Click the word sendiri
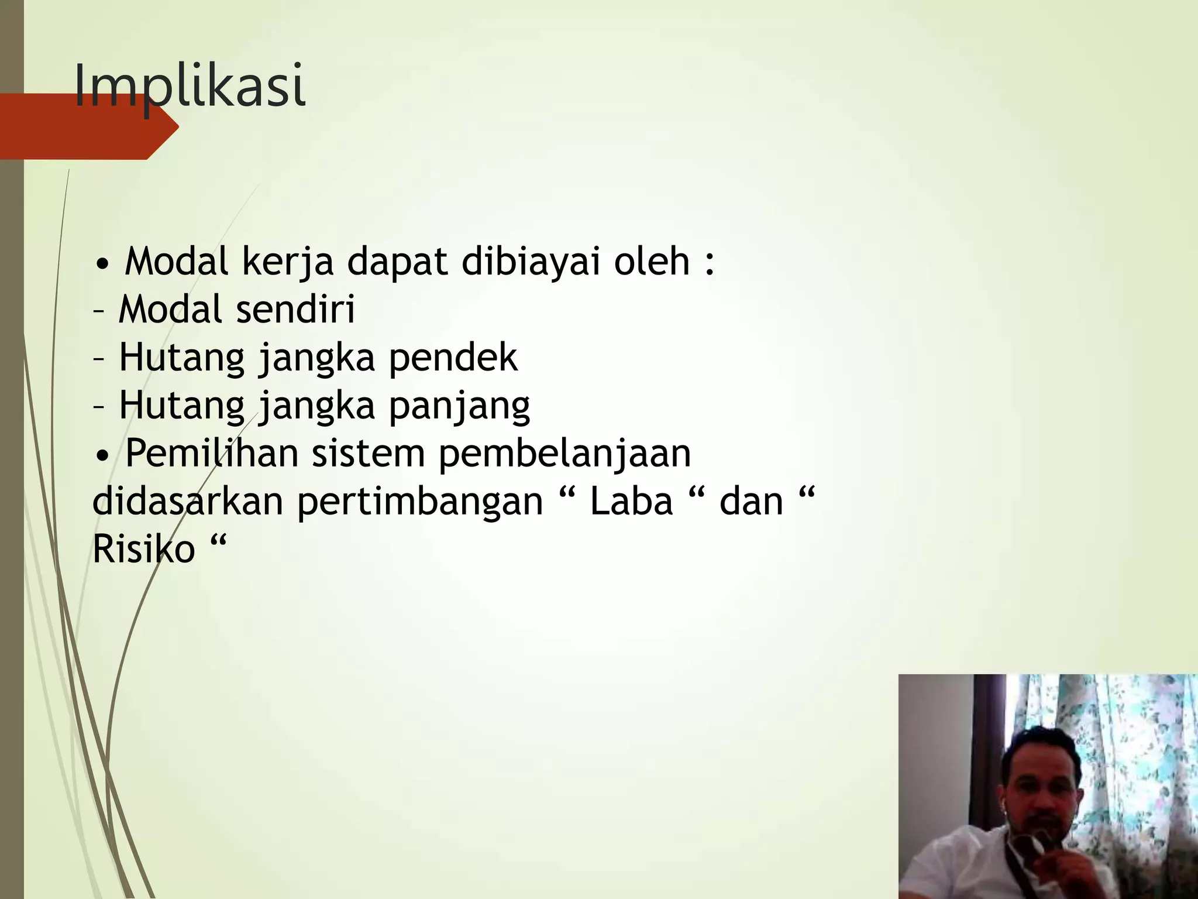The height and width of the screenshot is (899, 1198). [x=295, y=310]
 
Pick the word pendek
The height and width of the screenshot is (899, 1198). [x=453, y=358]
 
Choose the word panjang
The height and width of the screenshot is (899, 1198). [x=460, y=406]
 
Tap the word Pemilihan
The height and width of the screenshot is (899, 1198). [x=211, y=454]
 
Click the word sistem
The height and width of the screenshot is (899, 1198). [x=368, y=454]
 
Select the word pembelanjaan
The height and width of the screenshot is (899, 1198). [x=564, y=454]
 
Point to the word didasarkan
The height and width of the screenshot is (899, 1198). [x=188, y=502]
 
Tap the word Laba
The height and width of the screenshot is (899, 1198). [x=631, y=502]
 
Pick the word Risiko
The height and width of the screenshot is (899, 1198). [x=143, y=550]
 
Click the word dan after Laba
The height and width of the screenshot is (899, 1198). [x=751, y=502]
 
